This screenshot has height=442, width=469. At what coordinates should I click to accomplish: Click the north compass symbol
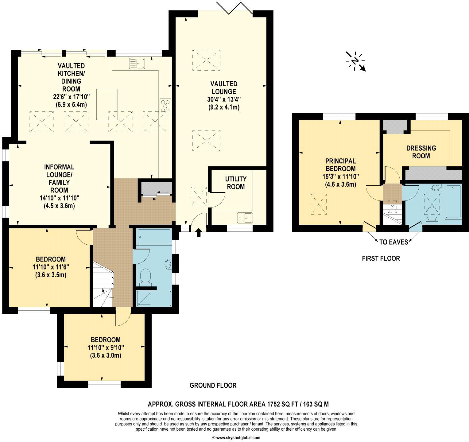(356, 61)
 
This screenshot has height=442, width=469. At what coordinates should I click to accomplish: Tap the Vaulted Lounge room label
(223, 87)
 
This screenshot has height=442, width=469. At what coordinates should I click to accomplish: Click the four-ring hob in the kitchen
(165, 106)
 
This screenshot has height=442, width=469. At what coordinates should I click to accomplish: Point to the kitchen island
(107, 104)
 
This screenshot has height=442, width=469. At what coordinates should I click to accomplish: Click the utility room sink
(245, 218)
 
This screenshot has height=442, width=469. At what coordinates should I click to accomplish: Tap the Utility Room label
(236, 183)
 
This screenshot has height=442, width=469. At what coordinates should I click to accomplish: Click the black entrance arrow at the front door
(198, 232)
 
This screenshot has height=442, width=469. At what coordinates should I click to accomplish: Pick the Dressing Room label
(421, 152)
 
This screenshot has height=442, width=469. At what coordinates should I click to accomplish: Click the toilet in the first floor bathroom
(432, 214)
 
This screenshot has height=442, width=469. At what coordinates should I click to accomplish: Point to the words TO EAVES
(394, 242)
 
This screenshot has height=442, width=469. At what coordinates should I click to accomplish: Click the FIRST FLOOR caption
(381, 258)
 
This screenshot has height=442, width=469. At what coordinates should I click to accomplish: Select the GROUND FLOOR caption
(213, 385)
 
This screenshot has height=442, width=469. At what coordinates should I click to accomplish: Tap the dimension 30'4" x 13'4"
(223, 99)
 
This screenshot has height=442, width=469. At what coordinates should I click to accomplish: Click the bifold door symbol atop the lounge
(234, 8)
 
